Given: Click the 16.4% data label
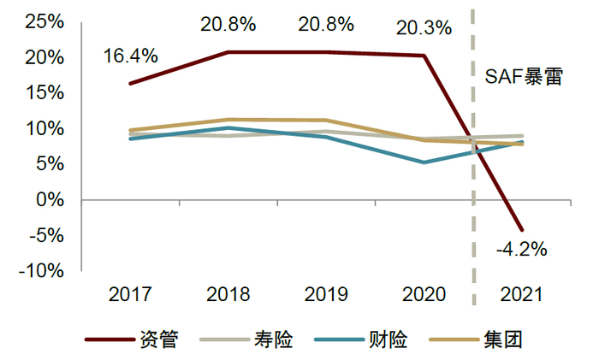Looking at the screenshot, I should coord(131,56).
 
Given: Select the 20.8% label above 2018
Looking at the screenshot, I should coord(228,24).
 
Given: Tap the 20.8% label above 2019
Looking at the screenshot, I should coord(326,24).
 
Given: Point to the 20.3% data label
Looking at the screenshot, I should coord(424,28).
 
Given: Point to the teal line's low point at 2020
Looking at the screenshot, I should coord(424,162).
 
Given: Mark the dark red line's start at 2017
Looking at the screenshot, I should coord(130,84).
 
